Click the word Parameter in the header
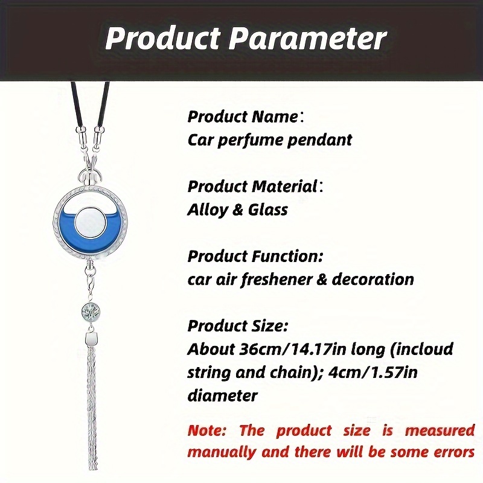point(307,39)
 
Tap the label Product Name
point(243,117)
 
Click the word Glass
point(267,210)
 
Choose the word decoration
point(373,279)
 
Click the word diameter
point(222,395)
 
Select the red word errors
point(454,452)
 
